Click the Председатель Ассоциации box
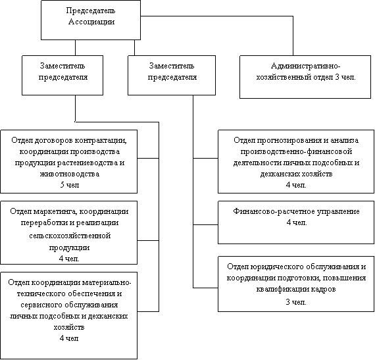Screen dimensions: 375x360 [x=91, y=20]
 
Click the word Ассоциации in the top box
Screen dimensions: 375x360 [x=91, y=22]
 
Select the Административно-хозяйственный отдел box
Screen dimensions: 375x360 [x=305, y=77]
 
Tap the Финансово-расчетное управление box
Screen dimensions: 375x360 [x=296, y=222]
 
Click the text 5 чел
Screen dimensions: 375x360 [x=70, y=185]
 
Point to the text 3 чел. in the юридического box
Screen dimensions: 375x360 [x=296, y=302]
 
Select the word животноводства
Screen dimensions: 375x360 [x=70, y=174]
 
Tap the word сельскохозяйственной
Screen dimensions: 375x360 [x=70, y=236]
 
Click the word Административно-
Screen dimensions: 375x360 [x=306, y=66]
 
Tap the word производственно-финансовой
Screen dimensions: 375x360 [x=296, y=151]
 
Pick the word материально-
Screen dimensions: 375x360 [x=107, y=283]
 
